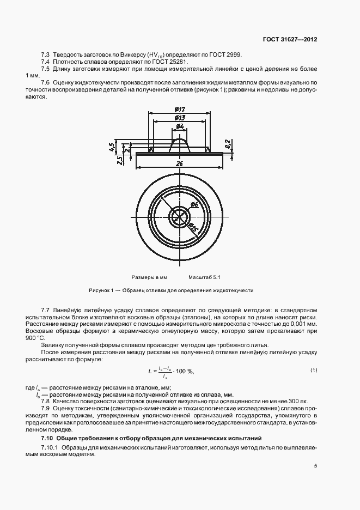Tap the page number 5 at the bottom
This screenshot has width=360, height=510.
315,466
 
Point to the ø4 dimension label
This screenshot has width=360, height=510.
180,126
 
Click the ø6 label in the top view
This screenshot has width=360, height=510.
195,205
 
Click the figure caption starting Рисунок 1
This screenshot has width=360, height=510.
171,290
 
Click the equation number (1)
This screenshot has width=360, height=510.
313,371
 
